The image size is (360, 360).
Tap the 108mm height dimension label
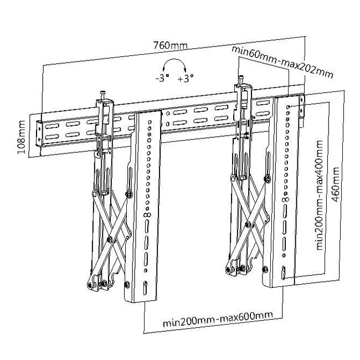(x=21, y=139)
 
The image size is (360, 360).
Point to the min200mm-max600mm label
(x=218, y=316)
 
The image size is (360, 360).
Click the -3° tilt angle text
(x=163, y=79)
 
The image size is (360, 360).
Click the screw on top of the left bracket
(x=102, y=95)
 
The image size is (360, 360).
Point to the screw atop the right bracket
(x=241, y=80)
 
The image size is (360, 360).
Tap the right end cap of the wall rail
(x=302, y=108)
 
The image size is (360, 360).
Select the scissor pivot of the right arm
(x=247, y=224)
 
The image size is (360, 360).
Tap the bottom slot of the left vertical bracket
(x=146, y=289)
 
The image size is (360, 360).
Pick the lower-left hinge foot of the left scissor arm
(x=89, y=285)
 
